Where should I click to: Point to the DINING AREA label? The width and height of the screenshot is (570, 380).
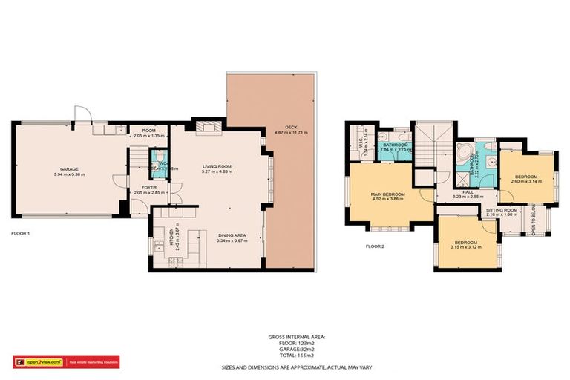(230, 236)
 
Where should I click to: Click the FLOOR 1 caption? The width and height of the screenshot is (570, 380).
(20, 234)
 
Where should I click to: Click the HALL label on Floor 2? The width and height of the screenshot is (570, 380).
(468, 192)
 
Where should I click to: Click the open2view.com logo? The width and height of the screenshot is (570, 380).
(42, 361)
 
